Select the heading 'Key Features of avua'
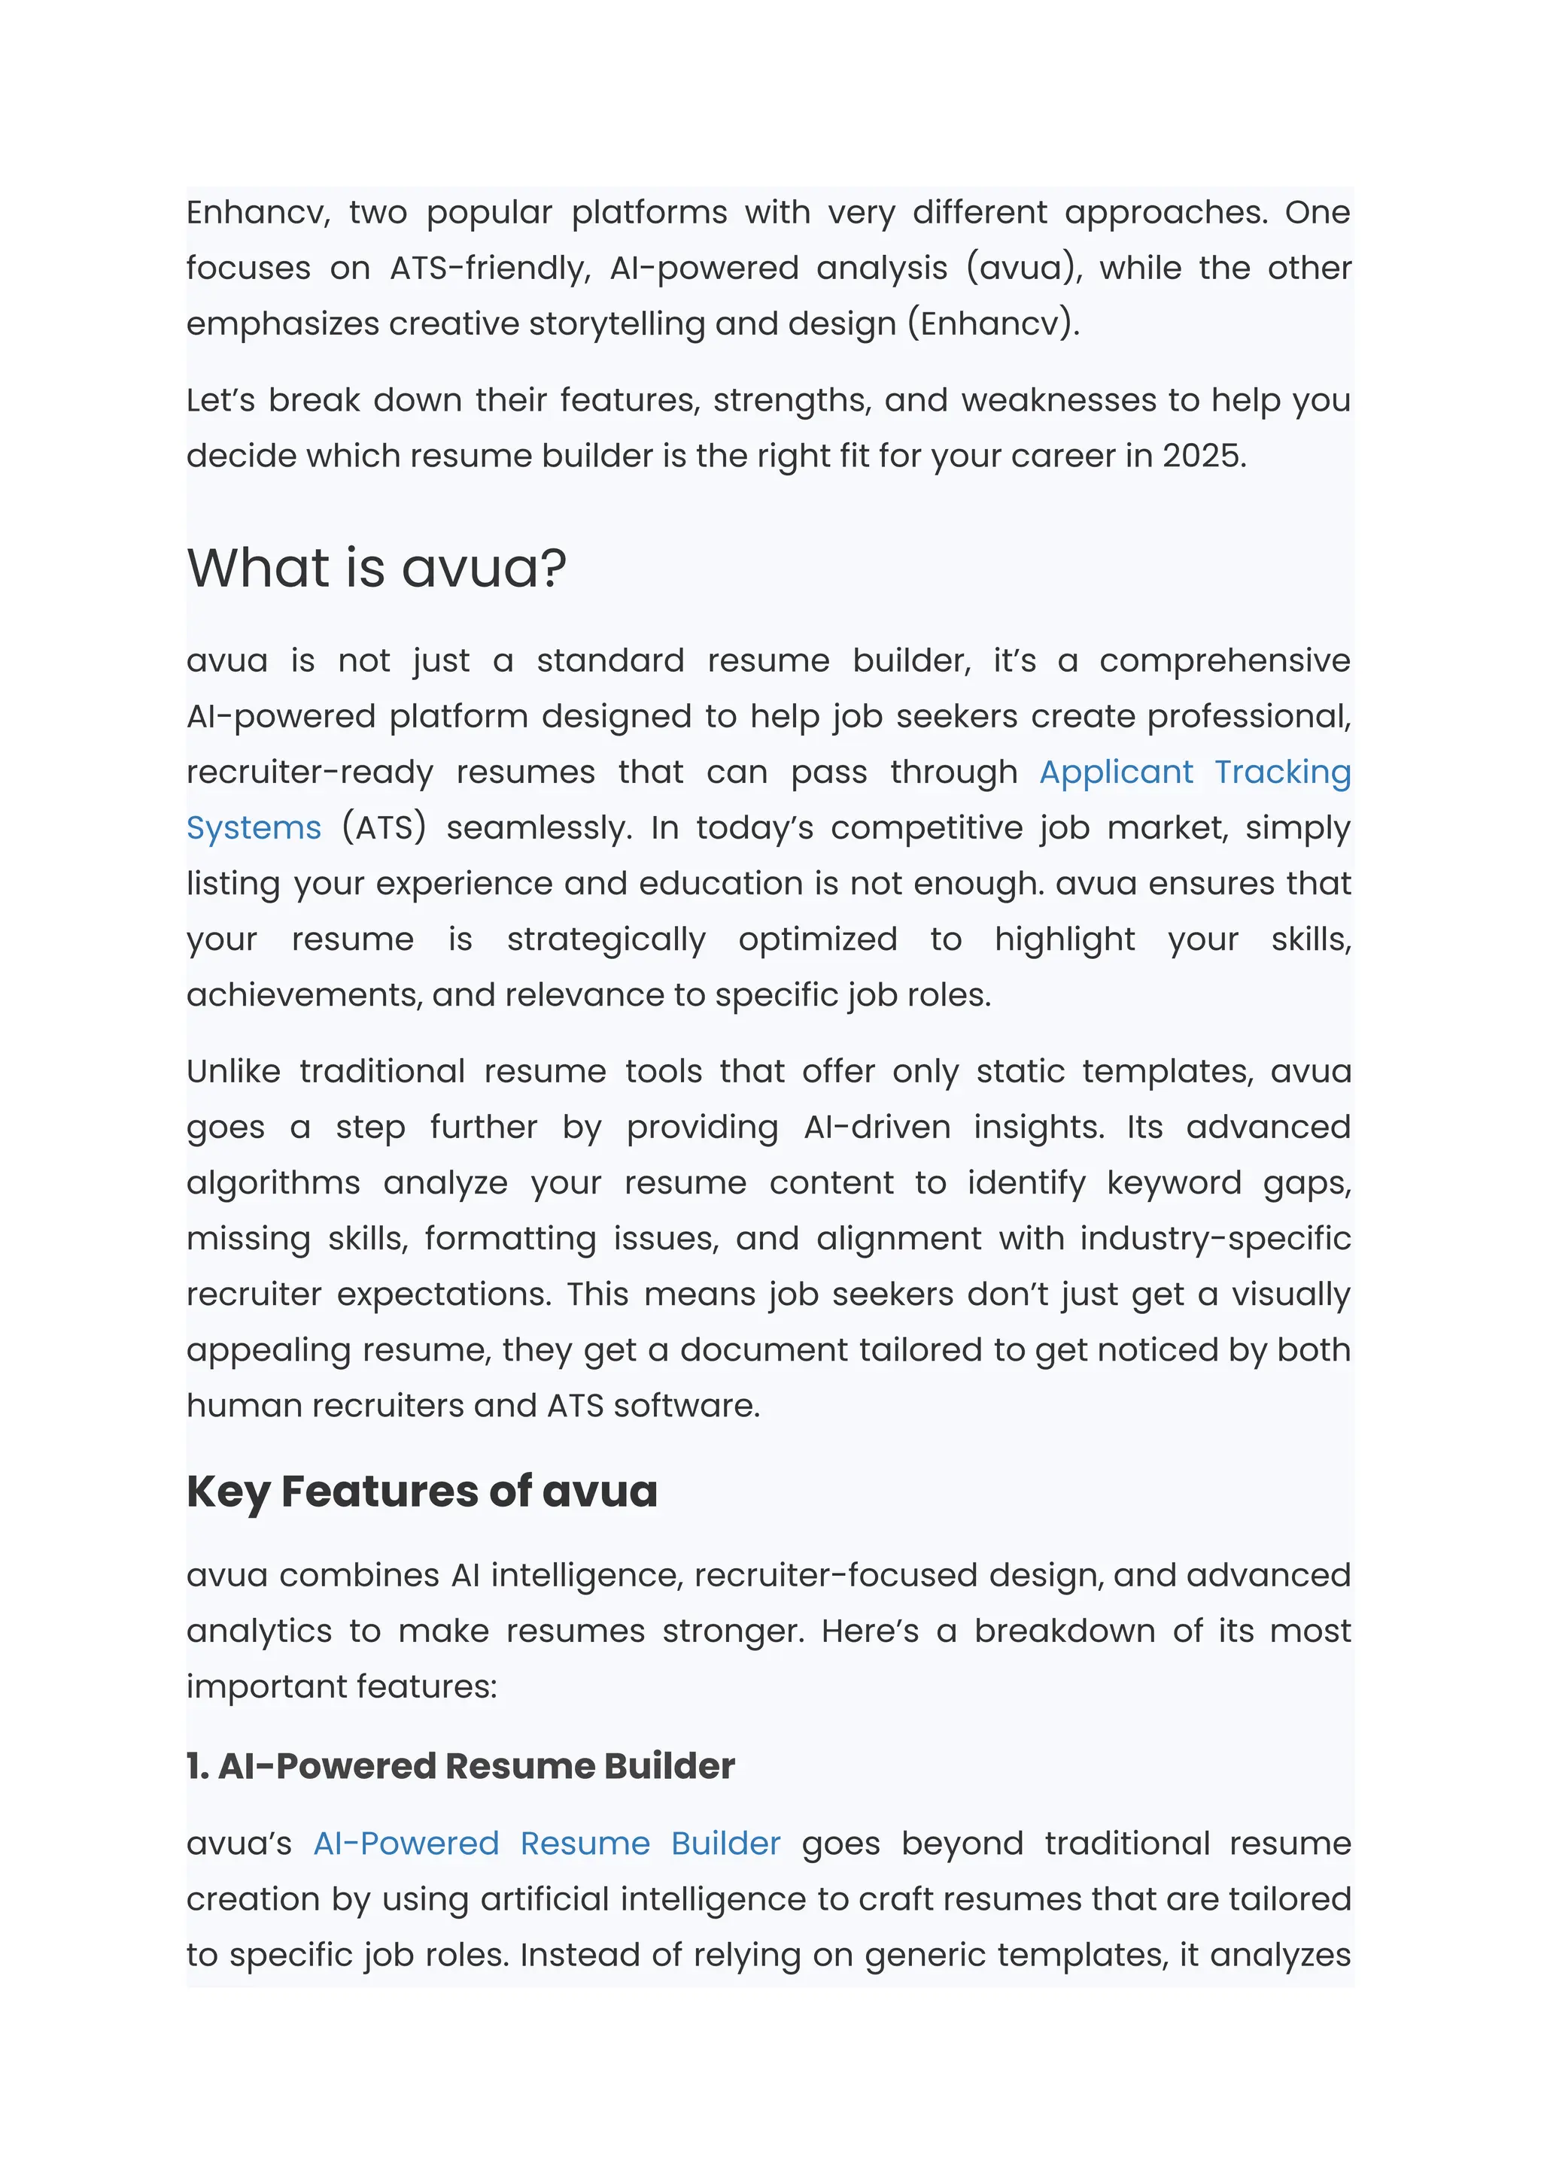(x=421, y=1491)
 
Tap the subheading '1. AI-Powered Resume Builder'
(x=460, y=1766)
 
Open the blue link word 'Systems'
(x=254, y=828)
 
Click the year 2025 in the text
(x=1202, y=457)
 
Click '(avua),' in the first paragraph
(x=1024, y=269)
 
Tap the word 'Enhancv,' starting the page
(x=258, y=212)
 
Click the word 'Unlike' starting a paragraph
(x=233, y=1072)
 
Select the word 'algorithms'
(x=273, y=1183)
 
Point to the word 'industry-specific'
(x=1214, y=1239)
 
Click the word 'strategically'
(x=606, y=940)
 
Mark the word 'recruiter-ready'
(x=309, y=773)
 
